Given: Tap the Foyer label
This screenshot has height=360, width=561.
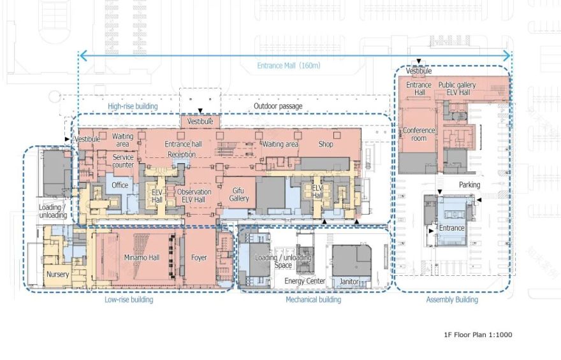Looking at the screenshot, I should coord(199,258).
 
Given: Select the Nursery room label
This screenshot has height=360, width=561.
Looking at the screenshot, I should coord(57,275).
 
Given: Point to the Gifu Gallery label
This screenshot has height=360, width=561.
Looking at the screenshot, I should coord(239,194).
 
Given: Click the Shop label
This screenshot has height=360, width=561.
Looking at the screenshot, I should coord(326,144).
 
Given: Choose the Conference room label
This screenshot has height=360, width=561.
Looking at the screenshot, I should coord(419,134).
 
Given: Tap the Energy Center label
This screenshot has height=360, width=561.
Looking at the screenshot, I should coord(305,281).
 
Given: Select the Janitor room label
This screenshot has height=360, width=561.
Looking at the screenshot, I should coord(349,282).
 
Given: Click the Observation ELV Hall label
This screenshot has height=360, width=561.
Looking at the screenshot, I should coord(194,196).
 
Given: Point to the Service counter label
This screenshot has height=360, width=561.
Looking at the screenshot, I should coord(123,161).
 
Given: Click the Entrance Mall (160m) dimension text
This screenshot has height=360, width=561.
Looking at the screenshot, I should coord(289,66).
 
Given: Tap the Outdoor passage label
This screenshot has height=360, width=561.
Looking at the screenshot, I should coord(278,106).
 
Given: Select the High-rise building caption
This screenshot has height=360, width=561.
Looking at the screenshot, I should coord(133,106).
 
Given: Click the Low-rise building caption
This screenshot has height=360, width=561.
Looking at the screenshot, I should coord(129,299).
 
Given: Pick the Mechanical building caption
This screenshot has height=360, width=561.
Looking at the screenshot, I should coord(313,299).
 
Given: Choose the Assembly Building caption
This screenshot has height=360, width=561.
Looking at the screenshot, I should coord(452,299).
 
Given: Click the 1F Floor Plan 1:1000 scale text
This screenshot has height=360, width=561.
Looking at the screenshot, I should coord(478,335).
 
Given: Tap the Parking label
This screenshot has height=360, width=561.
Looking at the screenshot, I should coord(469,185).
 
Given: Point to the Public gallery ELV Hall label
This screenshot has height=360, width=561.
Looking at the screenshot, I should coord(456,89).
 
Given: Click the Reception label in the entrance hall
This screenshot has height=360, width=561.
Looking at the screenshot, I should coord(182,154).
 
